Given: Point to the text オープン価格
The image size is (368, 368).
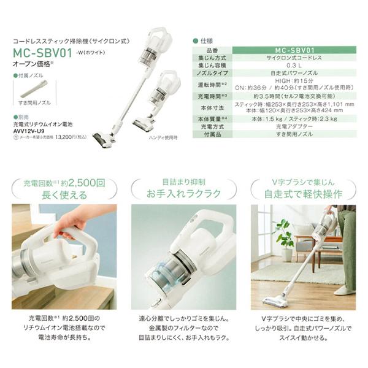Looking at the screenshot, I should tap(31, 63).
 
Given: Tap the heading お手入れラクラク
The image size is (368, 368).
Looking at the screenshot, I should tap(184, 194).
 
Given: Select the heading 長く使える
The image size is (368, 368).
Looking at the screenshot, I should tap(64, 194).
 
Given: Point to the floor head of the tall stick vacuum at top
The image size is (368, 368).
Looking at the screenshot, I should tap(103, 140).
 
